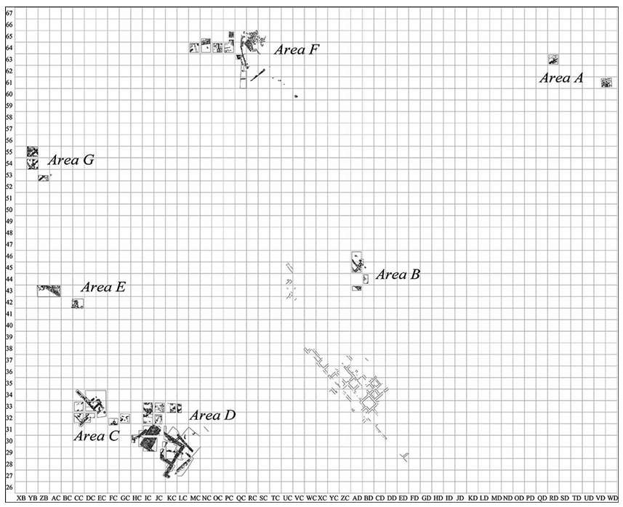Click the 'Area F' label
point(296,50)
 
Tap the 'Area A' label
point(560,78)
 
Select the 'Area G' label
point(71,161)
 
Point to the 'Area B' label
point(398,275)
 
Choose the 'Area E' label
point(103,287)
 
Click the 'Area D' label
point(212,415)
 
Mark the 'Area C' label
point(97,436)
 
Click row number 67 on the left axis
point(9,13)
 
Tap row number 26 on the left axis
point(9,487)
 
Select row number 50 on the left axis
point(9,210)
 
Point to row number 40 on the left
point(9,325)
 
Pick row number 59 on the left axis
point(9,105)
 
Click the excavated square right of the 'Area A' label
point(606,82)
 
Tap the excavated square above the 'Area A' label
point(553,60)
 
